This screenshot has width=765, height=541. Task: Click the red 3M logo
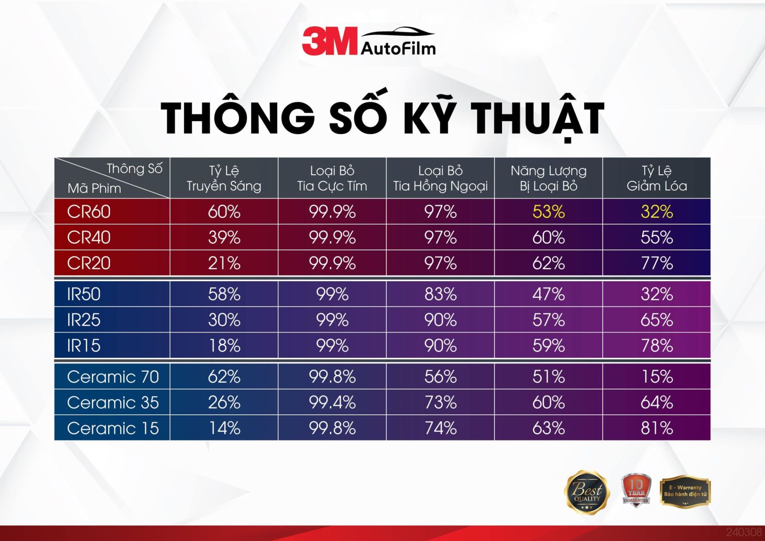pos(329,41)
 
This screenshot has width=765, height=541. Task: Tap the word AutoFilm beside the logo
pos(398,48)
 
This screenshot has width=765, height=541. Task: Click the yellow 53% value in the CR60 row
pos(548,211)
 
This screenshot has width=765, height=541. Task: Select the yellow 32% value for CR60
pos(657,211)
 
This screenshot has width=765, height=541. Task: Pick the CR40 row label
pos(89,237)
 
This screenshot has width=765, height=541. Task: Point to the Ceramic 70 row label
pos(113,376)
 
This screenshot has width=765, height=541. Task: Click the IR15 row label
pos(84,345)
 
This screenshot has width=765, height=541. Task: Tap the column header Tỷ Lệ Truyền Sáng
pos(224,178)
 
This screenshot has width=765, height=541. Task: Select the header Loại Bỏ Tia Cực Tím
pos(332,178)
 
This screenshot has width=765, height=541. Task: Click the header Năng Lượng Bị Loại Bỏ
pos(548,178)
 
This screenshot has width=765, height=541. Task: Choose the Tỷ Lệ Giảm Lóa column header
pos(657,178)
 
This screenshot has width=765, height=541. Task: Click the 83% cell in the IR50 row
pos(440,294)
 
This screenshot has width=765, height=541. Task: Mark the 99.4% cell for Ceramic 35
pos(332,402)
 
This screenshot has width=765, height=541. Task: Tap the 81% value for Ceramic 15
pos(657,428)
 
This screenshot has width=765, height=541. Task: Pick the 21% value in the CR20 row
pos(224,263)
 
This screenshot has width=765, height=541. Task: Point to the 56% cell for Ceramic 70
pos(440,376)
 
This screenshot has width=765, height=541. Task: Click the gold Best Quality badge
pos(587,493)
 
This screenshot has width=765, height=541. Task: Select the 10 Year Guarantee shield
pos(636,490)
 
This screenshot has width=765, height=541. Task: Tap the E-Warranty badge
pos(685,491)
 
